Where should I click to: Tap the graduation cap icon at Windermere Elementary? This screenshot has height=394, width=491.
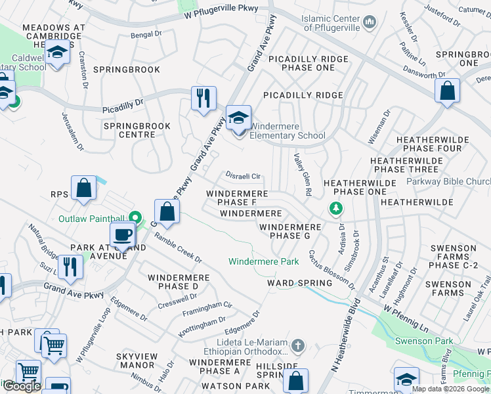pos(238,119)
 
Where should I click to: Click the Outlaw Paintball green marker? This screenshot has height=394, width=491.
pos(136,217)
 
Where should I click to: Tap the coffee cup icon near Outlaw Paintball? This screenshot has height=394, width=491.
pos(123,235)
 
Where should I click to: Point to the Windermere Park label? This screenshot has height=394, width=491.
pos(263,261)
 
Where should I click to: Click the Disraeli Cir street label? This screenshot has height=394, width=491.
pos(243,176)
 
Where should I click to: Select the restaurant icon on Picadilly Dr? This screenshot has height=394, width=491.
pos(203,98)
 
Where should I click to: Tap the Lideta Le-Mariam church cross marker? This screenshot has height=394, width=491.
pos(297,345)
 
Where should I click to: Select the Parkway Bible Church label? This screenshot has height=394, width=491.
pos(448,182)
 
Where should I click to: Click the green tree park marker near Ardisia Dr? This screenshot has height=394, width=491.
pos(335,209)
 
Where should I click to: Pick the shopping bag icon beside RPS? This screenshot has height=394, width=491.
pos(84,188)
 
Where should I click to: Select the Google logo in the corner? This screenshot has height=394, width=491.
pos(21,386)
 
